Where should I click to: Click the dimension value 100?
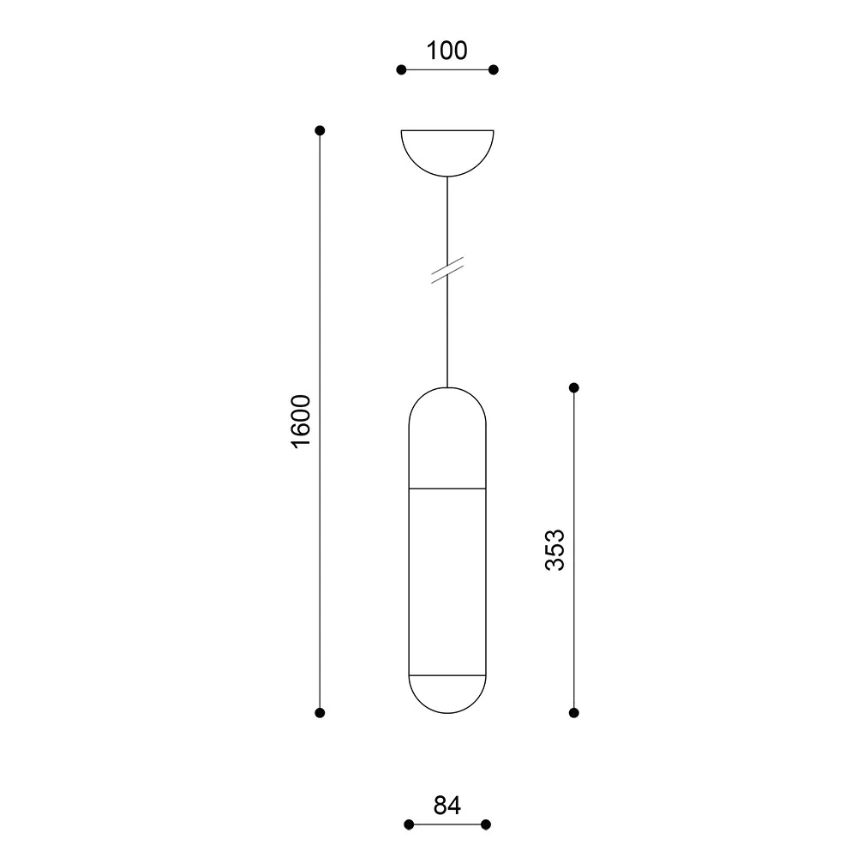[447, 51]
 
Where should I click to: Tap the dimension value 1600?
[300, 421]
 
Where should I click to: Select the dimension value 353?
[554, 549]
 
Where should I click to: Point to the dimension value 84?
[447, 806]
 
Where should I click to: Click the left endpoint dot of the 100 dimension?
[401, 70]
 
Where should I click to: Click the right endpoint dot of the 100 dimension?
[494, 70]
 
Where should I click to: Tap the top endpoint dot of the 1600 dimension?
[320, 130]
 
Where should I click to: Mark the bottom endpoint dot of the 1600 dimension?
[320, 712]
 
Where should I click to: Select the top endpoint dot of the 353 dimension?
[574, 388]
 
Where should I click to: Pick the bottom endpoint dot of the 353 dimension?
[574, 712]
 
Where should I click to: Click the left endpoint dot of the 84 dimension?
[409, 824]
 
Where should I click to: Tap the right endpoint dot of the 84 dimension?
[486, 824]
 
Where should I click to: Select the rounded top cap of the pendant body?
[447, 437]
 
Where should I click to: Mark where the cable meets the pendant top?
[447, 387]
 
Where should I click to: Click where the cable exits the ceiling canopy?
[447, 177]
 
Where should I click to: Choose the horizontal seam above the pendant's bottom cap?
[447, 675]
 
